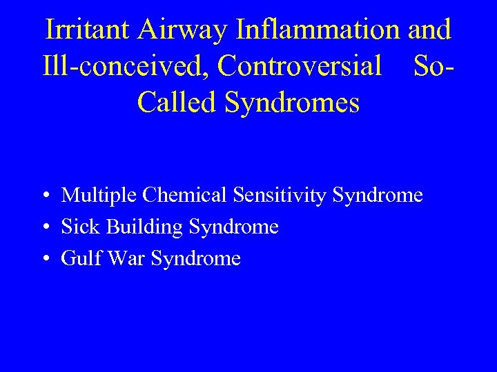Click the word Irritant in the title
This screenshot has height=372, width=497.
(x=88, y=30)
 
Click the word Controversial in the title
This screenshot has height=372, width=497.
(x=299, y=66)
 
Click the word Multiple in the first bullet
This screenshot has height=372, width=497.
(x=99, y=196)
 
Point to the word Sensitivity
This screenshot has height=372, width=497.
(x=280, y=196)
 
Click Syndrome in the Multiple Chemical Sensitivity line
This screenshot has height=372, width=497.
(x=378, y=196)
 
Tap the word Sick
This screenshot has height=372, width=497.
(x=78, y=227)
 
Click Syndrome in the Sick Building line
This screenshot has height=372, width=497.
(x=233, y=227)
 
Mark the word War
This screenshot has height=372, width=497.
(x=124, y=259)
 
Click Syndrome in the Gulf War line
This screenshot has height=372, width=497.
(x=196, y=259)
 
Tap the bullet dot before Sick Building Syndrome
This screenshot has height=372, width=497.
(x=43, y=227)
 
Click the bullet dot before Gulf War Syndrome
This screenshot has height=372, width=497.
(x=43, y=260)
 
